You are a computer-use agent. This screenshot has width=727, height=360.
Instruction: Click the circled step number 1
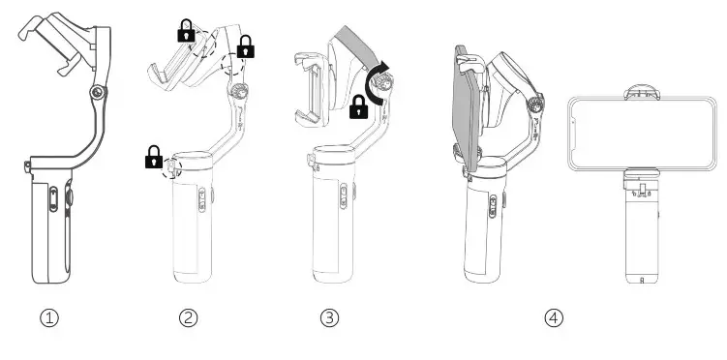coord(49,317)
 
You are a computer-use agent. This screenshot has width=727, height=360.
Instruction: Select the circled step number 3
coord(330,317)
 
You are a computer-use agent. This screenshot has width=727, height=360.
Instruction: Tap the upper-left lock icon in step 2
coord(184,31)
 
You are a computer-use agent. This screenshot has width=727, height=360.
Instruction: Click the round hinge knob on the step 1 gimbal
coord(96,92)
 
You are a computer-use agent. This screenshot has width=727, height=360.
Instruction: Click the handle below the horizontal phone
coord(640,232)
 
